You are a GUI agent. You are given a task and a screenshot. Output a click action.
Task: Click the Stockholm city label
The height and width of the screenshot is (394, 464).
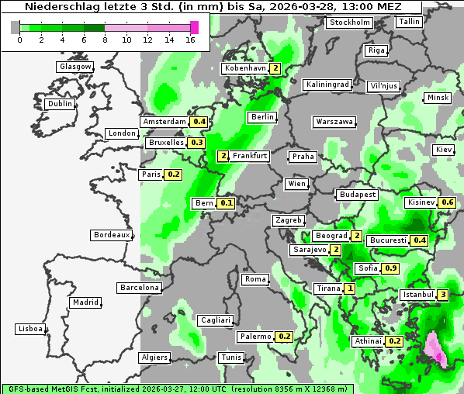[349, 22]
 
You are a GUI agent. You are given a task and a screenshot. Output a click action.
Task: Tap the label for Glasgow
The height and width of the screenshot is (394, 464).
[75, 67]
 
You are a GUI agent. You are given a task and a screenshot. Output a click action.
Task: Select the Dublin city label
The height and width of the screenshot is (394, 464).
[60, 104]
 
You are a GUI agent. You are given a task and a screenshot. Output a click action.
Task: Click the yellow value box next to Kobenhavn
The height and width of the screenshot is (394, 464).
[275, 68]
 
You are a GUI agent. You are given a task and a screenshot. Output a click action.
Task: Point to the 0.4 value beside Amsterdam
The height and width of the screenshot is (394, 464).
[199, 122]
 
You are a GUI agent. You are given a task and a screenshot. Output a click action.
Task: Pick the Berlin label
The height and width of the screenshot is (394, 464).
[262, 117]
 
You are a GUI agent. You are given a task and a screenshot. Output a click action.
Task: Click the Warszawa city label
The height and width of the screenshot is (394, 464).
[334, 122]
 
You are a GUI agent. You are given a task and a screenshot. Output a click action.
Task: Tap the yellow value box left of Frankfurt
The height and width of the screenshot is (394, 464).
[223, 156]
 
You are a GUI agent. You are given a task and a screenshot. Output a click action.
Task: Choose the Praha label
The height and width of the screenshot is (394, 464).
[303, 157]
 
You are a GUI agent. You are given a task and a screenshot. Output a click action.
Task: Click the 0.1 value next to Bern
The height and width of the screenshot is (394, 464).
[227, 203]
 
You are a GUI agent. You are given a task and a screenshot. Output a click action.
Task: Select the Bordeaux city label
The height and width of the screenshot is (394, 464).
[111, 235]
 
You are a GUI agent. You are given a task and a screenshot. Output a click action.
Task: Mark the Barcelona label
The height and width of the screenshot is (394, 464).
[140, 288]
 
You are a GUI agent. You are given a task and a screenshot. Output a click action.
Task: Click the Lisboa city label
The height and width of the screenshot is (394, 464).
[29, 329]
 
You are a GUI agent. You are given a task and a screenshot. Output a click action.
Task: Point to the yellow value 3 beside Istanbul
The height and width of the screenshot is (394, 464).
[443, 295]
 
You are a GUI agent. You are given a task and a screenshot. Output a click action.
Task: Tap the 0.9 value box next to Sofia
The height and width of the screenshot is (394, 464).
[391, 268]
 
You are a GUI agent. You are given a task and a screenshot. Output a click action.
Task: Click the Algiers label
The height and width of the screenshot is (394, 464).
[154, 358]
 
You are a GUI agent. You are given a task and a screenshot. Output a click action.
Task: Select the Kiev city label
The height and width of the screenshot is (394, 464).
[443, 149]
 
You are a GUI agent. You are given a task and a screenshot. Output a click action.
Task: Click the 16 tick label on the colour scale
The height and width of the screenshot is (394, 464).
[190, 39]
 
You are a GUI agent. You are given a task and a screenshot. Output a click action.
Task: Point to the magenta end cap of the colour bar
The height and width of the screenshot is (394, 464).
[195, 27]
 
